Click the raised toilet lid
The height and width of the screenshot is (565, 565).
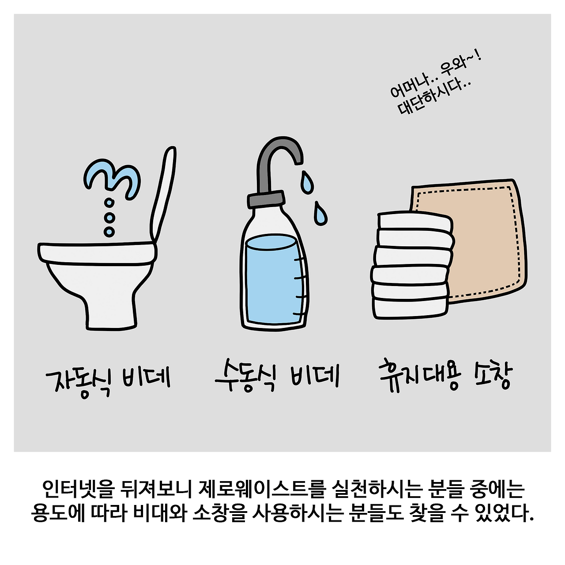pyautogui.click(x=163, y=193)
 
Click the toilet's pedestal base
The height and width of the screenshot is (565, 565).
pyautogui.click(x=101, y=296)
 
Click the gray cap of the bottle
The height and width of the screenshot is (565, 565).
pyautogui.click(x=266, y=199)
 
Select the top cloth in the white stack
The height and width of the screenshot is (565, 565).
pyautogui.click(x=414, y=222)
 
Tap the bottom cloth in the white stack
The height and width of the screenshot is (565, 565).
pyautogui.click(x=411, y=308)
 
